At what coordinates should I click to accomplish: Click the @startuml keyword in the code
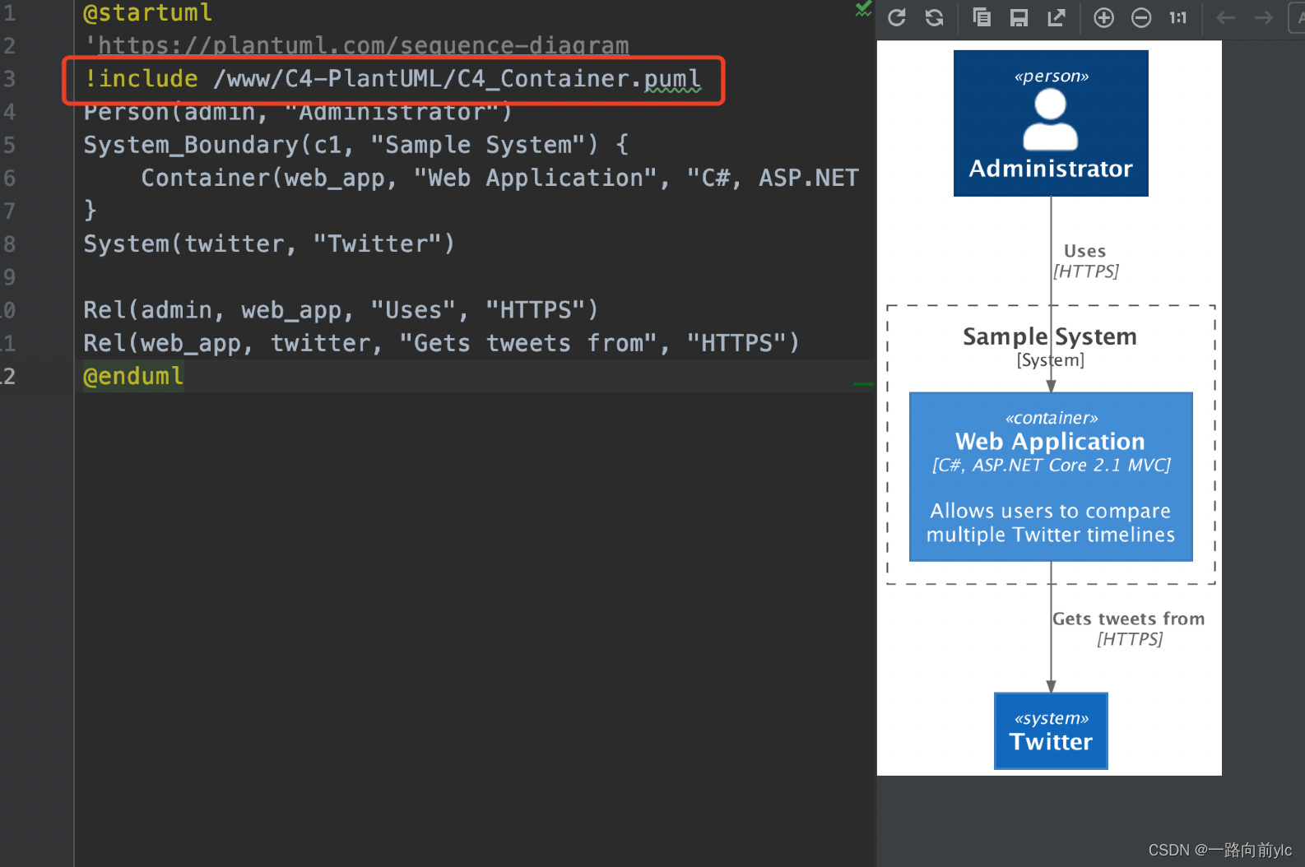pos(147,13)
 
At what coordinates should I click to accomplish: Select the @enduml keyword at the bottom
pos(133,376)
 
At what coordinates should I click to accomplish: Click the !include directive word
pos(141,78)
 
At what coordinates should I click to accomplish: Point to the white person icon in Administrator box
pos(1050,120)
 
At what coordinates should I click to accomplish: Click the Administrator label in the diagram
pos(1051,169)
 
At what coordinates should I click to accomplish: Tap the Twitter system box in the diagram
pos(1051,731)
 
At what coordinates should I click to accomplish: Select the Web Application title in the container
pos(1050,442)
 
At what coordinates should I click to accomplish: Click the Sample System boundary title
pos(1050,336)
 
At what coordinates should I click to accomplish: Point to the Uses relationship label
pos(1084,252)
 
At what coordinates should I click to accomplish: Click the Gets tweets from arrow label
pos(1128,619)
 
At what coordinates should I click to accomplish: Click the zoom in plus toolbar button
pos(1103,17)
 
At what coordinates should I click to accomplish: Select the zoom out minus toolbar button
pos(1141,17)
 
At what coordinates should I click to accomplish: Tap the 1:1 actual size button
pos(1177,17)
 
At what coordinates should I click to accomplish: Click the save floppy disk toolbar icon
pos(1019,17)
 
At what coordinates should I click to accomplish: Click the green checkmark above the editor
pos(863,9)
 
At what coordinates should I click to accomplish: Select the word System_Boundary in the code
pos(191,145)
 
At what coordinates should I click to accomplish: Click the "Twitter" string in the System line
pos(383,243)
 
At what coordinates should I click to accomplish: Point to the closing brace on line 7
pos(91,211)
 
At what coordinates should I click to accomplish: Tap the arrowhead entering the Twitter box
pos(1051,687)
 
